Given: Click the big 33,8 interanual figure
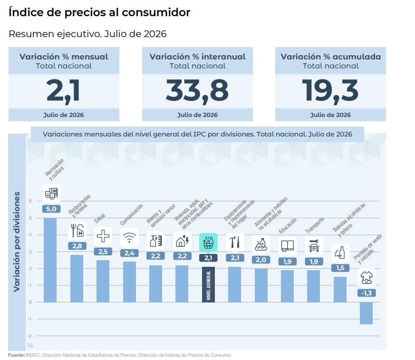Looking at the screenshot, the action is tap(197, 91).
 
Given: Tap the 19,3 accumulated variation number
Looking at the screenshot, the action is tap(330, 91).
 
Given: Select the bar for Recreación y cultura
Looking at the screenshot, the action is tap(50, 260).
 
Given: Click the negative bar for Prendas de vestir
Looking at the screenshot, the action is tap(367, 313).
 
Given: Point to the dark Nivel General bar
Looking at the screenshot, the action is tap(208, 284).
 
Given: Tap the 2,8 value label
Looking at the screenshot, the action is tap(77, 246).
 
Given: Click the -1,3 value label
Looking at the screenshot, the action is tap(367, 293).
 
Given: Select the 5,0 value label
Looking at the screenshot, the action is tap(51, 209).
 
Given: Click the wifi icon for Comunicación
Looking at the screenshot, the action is tap(129, 237).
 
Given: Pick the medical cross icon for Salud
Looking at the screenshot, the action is tap(103, 236).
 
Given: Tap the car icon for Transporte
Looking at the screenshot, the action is tap(314, 246).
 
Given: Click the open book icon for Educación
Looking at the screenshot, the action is tap(288, 246).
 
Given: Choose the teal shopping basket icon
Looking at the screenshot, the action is tap(208, 242).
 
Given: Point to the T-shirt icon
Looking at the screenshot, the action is tap(367, 278).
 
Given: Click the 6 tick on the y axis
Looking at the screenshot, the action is tap(30, 201).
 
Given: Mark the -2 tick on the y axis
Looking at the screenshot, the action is tap(29, 336).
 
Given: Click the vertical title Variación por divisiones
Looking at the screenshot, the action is tap(17, 242).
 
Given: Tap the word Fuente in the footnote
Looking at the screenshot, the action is tap(17, 355).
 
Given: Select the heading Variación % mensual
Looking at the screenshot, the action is tap(64, 57).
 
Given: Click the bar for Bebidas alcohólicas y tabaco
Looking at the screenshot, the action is tap(340, 290).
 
